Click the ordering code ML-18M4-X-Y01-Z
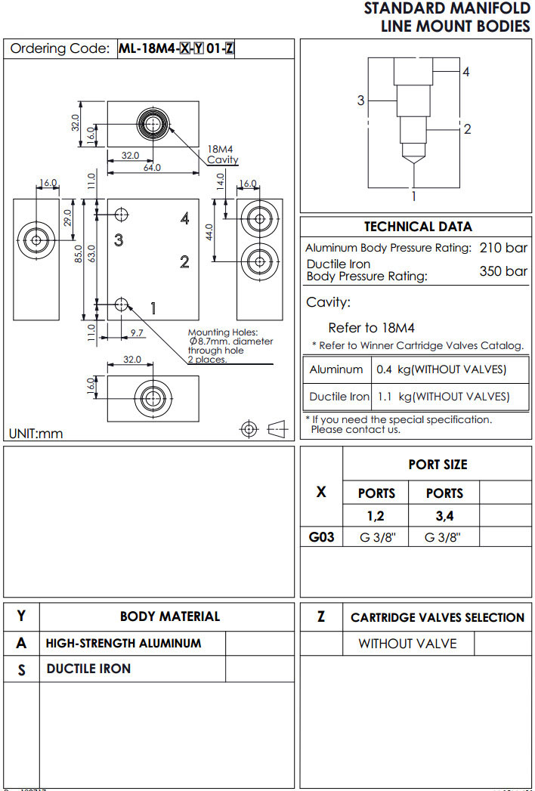click(x=176, y=49)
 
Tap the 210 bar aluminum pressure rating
click(x=503, y=248)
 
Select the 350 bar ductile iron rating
click(x=503, y=271)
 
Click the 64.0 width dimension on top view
click(x=152, y=167)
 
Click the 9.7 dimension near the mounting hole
click(x=137, y=332)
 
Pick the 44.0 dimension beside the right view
click(x=210, y=231)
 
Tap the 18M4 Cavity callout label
click(x=222, y=155)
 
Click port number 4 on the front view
click(x=184, y=218)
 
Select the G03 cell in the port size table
click(x=321, y=538)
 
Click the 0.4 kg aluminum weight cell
click(x=441, y=369)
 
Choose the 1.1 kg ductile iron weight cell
click(x=443, y=396)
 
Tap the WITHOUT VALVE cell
click(x=407, y=644)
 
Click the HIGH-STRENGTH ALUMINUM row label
click(x=123, y=644)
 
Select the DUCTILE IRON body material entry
click(x=88, y=669)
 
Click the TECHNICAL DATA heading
click(x=418, y=226)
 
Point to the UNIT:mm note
click(x=36, y=434)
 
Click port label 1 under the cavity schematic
click(x=413, y=196)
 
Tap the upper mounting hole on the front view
click(x=121, y=215)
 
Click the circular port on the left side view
click(x=36, y=240)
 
